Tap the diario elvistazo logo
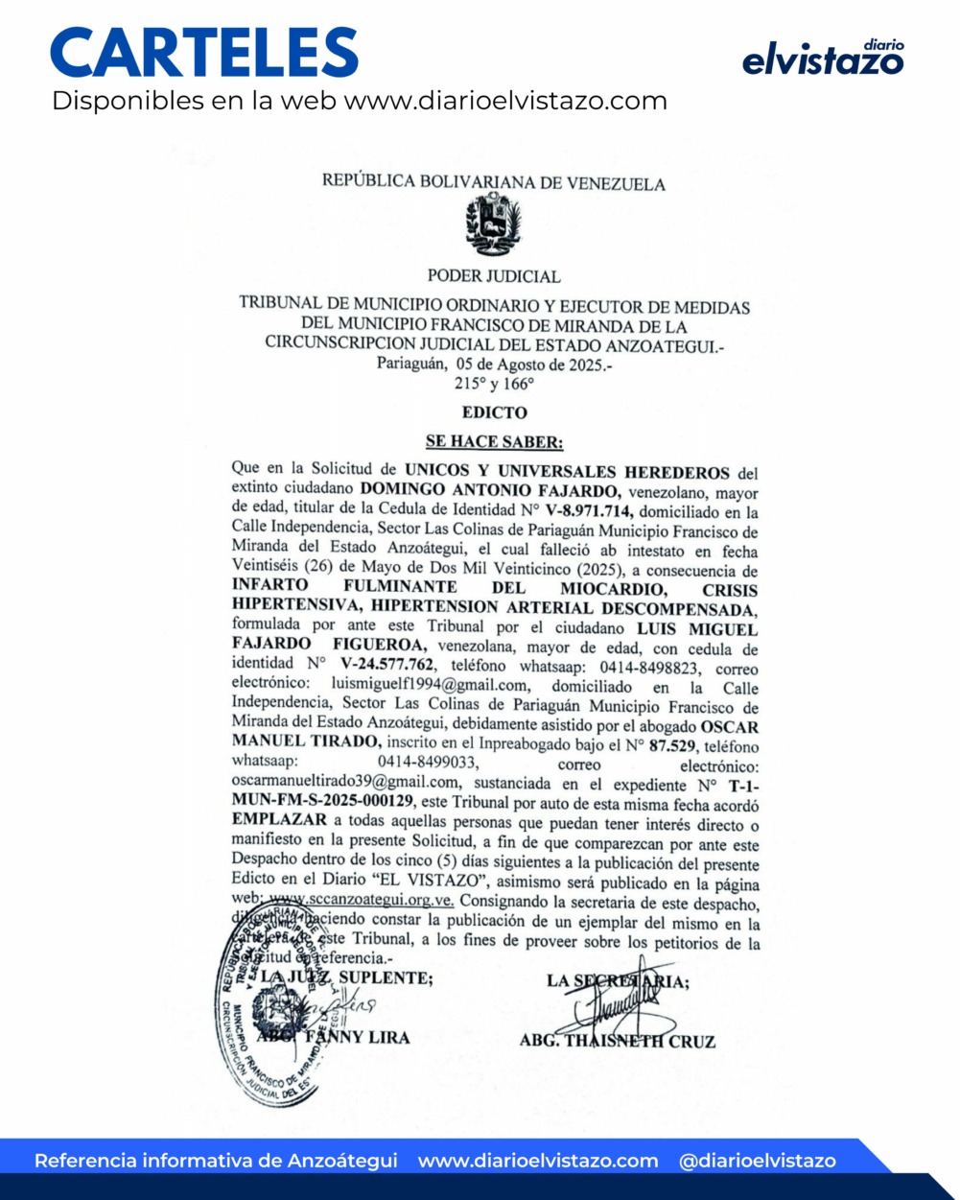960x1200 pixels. coord(824,59)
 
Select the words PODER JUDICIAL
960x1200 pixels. coord(493,276)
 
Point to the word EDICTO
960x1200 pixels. coord(494,412)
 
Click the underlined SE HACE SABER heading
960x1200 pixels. coord(494,442)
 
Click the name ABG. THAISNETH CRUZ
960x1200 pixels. coord(617,1041)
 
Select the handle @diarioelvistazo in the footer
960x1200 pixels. coord(757,1161)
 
